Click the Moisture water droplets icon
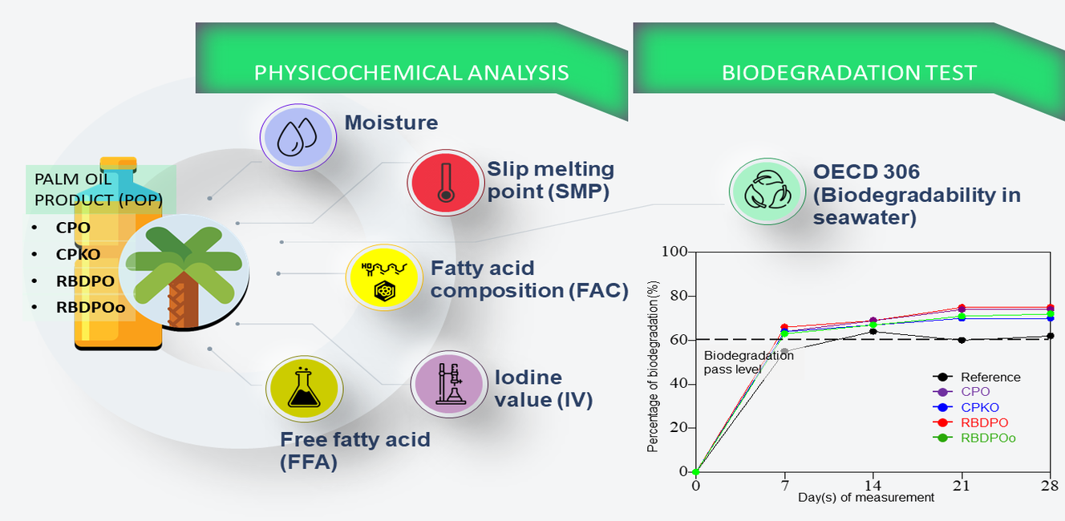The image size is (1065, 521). (298, 137)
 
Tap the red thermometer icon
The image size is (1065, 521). (445, 183)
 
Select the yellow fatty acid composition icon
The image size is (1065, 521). (384, 277)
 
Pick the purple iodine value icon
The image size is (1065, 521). (449, 384)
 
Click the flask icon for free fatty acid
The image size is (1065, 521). (304, 389)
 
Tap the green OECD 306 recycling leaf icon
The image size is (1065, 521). (767, 192)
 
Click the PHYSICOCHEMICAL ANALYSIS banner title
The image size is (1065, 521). (411, 73)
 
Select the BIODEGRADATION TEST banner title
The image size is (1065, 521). (849, 73)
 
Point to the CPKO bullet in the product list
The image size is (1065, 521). (78, 254)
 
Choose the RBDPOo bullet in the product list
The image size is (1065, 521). (91, 307)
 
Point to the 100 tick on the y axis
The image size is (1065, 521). (674, 251)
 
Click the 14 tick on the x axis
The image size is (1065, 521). (873, 485)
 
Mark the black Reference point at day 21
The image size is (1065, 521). (962, 340)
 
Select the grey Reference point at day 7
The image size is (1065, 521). (784, 352)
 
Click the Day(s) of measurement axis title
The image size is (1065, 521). (866, 497)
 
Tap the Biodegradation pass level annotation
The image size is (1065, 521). (749, 362)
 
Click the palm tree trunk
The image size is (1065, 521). (184, 300)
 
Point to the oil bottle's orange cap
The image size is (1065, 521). (119, 164)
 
